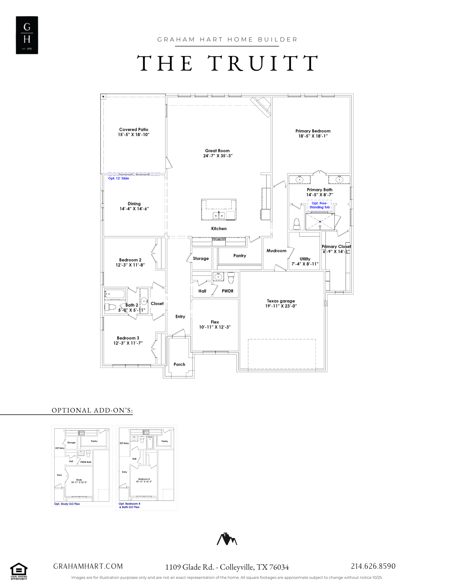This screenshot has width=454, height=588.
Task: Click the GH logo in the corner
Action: (27, 35)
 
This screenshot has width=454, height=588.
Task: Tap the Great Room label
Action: (217, 151)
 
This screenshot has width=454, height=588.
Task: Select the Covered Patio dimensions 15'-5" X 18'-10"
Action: (134, 135)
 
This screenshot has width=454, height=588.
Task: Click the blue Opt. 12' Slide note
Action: (119, 178)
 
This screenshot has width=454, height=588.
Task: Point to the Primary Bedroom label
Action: (313, 131)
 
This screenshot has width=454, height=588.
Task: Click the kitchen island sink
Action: (219, 215)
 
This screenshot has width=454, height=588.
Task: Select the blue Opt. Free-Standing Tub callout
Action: (320, 205)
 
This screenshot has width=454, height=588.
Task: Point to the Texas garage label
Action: (281, 301)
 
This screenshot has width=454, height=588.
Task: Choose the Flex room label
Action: (215, 322)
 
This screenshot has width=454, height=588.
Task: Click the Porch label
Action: (179, 364)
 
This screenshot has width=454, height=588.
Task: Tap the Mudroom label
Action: (276, 251)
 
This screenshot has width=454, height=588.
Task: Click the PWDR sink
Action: (218, 277)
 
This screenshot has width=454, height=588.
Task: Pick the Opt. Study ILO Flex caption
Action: (67, 504)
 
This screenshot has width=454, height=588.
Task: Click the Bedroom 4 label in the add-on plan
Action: (144, 479)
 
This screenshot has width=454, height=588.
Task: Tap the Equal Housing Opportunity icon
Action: (19, 571)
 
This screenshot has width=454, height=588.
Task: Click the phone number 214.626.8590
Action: (373, 566)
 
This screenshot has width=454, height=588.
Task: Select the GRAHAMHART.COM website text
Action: (88, 566)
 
